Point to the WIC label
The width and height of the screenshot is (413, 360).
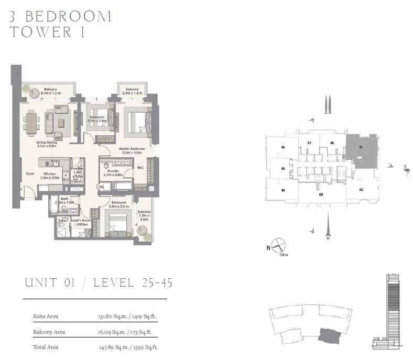pyautogui.click(x=140, y=168)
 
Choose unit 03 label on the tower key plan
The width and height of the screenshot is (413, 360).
pyautogui.click(x=320, y=194)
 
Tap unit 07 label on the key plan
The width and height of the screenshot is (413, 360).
pyautogui.click(x=309, y=143)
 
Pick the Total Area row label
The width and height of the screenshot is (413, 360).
pyautogui.click(x=45, y=347)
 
